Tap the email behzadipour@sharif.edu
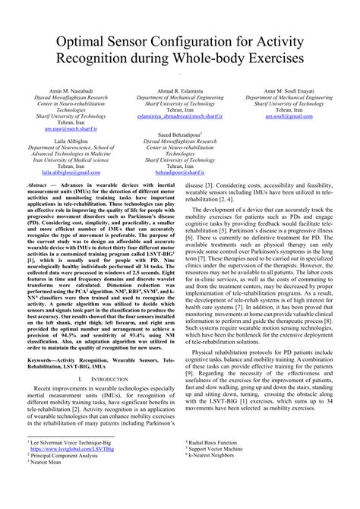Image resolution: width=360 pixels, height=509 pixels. [180, 172]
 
